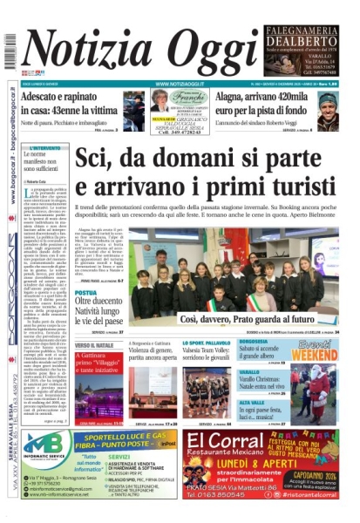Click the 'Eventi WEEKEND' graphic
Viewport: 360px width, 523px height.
point(314,353)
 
